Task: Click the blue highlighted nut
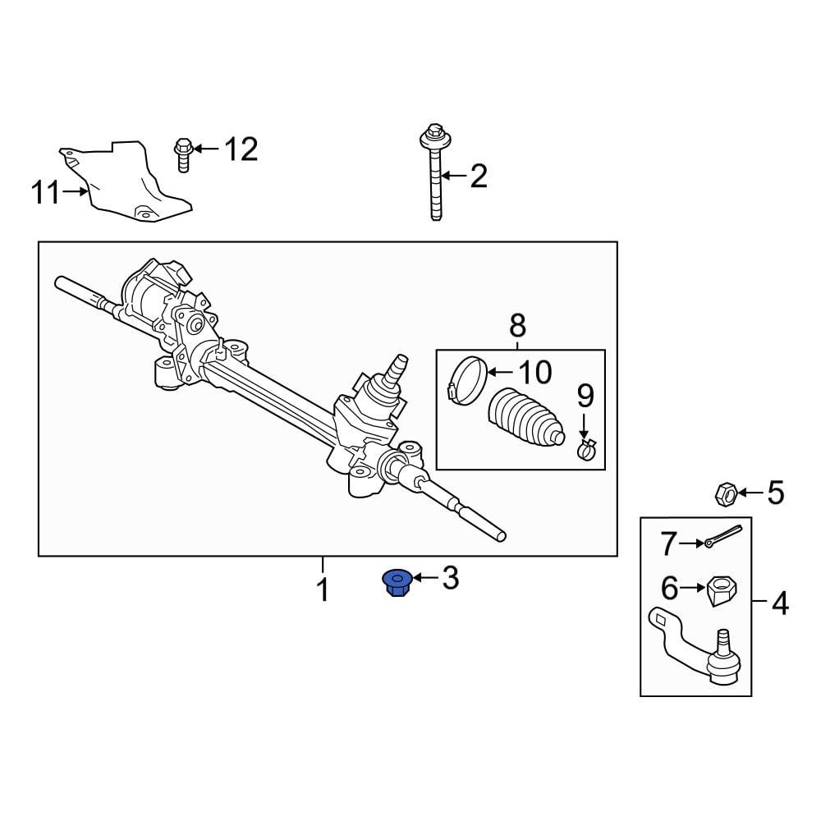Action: (397, 584)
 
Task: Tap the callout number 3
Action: (450, 579)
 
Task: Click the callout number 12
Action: (241, 149)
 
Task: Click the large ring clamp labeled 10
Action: (466, 381)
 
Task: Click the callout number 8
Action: (517, 325)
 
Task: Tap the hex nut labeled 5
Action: (724, 493)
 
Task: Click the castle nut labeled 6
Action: (722, 590)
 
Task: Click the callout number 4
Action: (778, 605)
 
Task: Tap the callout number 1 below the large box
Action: (323, 589)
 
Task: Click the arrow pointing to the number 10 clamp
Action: (498, 372)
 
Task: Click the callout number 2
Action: (477, 176)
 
